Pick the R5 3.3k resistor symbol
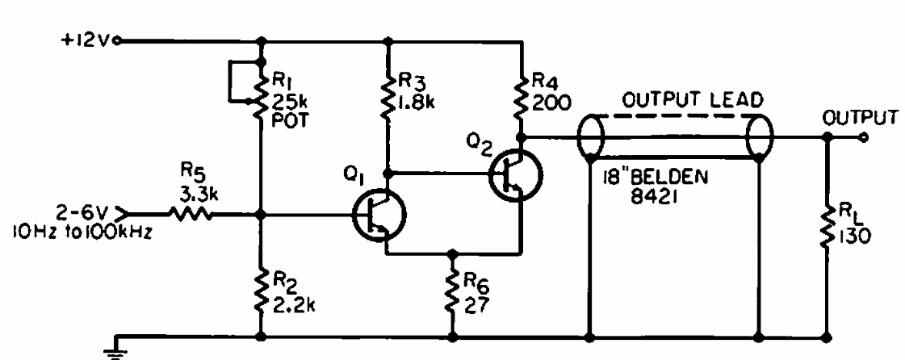[x=191, y=215]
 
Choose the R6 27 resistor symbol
[x=452, y=292]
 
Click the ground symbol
[x=116, y=348]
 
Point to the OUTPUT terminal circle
[x=864, y=137]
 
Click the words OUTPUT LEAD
[x=693, y=100]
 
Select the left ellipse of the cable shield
[x=590, y=138]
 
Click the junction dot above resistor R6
[x=452, y=253]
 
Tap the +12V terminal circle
[x=119, y=41]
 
